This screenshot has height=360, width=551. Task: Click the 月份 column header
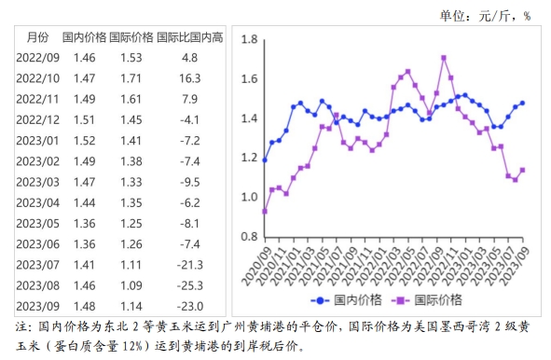pyautogui.click(x=37, y=38)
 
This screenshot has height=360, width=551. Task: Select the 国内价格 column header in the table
pyautogui.click(x=85, y=38)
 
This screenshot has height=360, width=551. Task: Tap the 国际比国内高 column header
pyautogui.click(x=190, y=38)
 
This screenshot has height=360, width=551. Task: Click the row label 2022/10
pyautogui.click(x=38, y=77)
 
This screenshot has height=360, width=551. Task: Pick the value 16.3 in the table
pyautogui.click(x=190, y=77)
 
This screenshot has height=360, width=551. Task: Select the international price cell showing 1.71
pyautogui.click(x=131, y=77)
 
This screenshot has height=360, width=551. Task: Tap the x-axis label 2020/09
pyautogui.click(x=255, y=262)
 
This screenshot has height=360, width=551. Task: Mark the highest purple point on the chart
pyautogui.click(x=443, y=57)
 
